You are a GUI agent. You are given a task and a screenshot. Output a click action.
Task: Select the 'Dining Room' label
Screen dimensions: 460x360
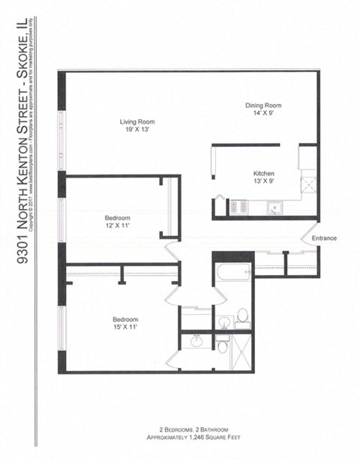click(263, 106)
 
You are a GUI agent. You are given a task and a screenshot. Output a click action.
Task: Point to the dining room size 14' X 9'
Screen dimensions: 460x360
click(263, 114)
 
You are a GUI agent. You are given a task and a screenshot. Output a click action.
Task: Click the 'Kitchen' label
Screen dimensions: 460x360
click(263, 172)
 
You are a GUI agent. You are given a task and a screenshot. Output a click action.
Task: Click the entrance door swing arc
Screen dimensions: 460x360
click(309, 246)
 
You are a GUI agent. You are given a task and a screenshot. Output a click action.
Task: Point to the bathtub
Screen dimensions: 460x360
click(232, 273)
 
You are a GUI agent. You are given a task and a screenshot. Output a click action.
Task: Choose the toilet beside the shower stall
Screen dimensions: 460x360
click(223, 345)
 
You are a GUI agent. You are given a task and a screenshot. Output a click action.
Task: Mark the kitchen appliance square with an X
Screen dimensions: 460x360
click(308, 184)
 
